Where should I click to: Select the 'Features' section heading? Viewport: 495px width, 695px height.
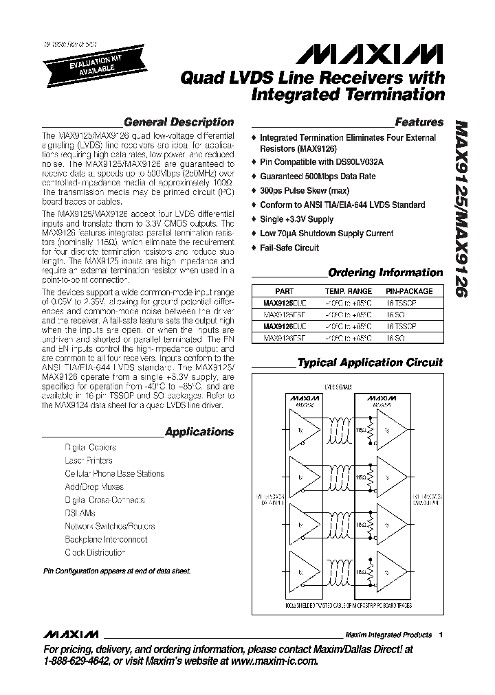pyautogui.click(x=419, y=122)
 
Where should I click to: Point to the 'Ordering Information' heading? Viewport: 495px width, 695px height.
pyautogui.click(x=386, y=273)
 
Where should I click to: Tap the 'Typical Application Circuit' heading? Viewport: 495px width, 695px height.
pyautogui.click(x=370, y=362)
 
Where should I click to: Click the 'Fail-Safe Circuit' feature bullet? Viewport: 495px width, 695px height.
pyautogui.click(x=289, y=248)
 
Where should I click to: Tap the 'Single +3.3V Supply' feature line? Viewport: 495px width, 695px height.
pyautogui.click(x=296, y=219)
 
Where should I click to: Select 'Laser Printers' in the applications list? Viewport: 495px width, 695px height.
pyautogui.click(x=89, y=460)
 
